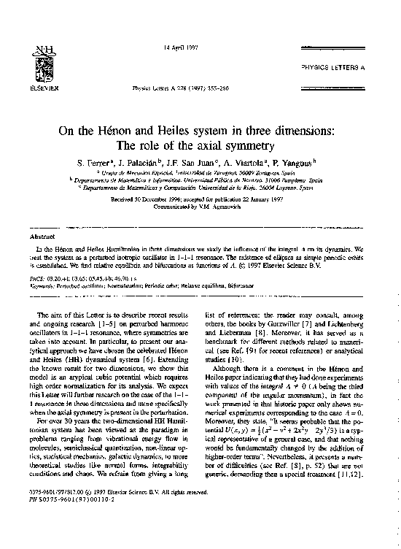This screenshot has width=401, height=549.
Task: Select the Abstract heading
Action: coord(39,237)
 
